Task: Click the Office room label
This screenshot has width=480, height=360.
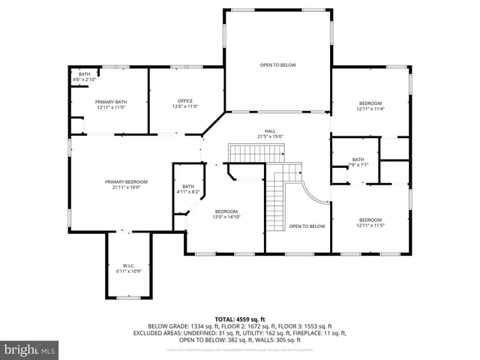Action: point(185,103)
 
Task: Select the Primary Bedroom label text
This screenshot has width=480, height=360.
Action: point(126,184)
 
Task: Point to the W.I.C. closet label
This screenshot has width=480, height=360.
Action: point(128,268)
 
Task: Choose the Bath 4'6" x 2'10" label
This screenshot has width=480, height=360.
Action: point(84,76)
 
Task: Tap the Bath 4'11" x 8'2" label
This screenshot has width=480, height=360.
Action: point(187,189)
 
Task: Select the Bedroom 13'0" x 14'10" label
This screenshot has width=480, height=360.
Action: point(226,214)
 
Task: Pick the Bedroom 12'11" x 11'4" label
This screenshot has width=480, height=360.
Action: point(370,106)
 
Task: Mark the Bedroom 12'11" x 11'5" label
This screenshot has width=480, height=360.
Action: point(370,223)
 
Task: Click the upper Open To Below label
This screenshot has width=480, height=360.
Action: point(277,65)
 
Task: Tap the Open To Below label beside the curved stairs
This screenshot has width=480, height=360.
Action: point(307,226)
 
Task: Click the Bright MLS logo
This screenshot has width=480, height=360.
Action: point(29,349)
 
